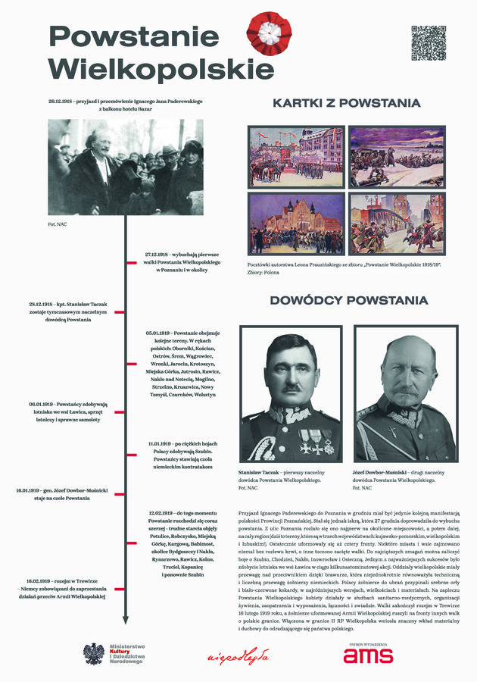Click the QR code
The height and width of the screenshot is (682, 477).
point(429,43)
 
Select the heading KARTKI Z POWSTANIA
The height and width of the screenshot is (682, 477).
point(347,104)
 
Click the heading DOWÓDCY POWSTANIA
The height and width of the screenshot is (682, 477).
point(348,301)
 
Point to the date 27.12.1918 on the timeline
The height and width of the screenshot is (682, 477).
point(157,255)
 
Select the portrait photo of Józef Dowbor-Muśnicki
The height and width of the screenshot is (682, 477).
point(405,394)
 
